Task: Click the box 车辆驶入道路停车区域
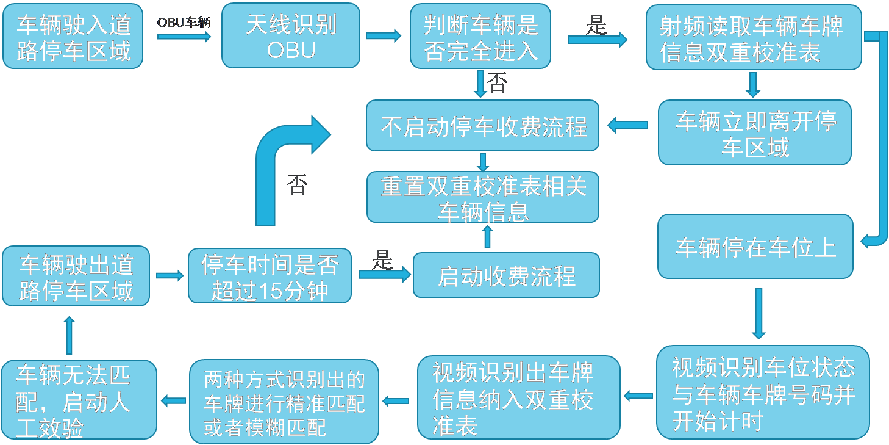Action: point(73,37)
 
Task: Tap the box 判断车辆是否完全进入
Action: point(480,37)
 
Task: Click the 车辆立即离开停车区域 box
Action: point(755,132)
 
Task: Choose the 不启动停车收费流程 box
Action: point(482,126)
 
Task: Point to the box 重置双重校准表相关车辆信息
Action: point(482,197)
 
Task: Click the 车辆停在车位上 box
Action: point(755,246)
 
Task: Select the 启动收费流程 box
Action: point(506,275)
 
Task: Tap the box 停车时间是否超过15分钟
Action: point(270,275)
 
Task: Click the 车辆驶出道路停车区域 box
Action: point(76,276)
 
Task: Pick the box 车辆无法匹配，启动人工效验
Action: point(79,400)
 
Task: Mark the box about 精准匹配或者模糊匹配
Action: point(284,402)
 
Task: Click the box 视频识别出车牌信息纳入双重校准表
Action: point(518,398)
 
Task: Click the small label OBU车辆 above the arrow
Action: point(184,23)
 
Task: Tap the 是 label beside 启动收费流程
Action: point(382,261)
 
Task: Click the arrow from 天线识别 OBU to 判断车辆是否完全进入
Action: point(384,36)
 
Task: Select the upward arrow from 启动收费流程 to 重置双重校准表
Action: point(487,236)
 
